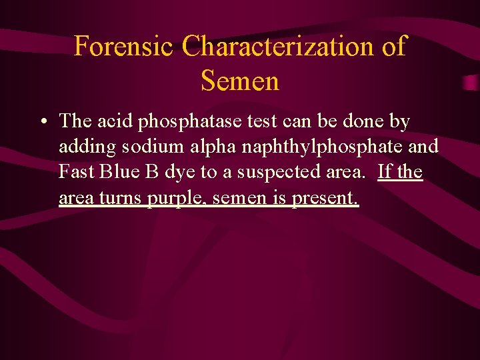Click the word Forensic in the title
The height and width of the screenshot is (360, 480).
coord(124,47)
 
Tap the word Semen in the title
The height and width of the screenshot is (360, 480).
coord(239,81)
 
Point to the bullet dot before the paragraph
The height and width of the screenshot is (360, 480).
coord(43,122)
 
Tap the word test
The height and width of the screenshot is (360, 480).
coord(249,121)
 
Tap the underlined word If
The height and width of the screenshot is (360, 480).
coord(384,172)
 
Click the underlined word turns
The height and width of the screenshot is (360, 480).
coord(121,198)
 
